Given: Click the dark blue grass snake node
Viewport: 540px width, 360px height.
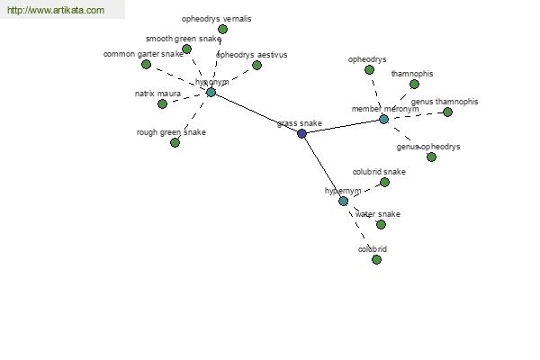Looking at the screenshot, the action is tap(301, 134).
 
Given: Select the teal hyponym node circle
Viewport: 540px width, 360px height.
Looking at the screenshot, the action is tap(211, 93).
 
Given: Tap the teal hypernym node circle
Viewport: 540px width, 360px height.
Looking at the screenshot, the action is tap(343, 202).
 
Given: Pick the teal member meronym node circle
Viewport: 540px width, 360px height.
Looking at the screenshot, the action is tap(383, 120).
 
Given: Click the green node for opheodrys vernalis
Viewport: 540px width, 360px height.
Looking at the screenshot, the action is tap(223, 30).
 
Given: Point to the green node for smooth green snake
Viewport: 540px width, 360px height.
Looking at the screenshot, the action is tap(186, 49).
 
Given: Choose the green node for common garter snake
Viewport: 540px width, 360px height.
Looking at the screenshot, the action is tap(146, 64).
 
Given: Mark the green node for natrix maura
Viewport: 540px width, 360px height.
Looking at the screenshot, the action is tap(162, 103).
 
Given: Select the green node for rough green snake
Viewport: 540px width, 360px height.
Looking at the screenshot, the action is tap(175, 142).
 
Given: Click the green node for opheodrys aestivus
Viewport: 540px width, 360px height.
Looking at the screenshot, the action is tap(256, 65).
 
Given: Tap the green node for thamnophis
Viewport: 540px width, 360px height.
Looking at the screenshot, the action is tap(414, 84).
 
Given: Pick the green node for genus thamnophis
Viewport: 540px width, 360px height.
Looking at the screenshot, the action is tap(447, 112).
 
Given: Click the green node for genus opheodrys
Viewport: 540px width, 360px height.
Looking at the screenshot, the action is tap(431, 157).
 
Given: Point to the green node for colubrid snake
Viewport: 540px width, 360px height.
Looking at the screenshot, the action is tap(384, 182).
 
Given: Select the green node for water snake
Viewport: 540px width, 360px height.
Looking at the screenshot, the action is tap(381, 225).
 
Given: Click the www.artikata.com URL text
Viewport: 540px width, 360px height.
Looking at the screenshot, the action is tap(56, 10).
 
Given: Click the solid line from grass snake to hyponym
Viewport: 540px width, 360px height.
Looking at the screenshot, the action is tap(256, 113).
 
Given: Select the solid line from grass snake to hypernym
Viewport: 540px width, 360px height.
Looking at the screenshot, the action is tap(322, 167).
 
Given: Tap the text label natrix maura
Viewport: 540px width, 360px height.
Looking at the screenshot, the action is tap(157, 94).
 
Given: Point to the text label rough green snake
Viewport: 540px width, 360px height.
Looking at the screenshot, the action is tap(171, 132).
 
